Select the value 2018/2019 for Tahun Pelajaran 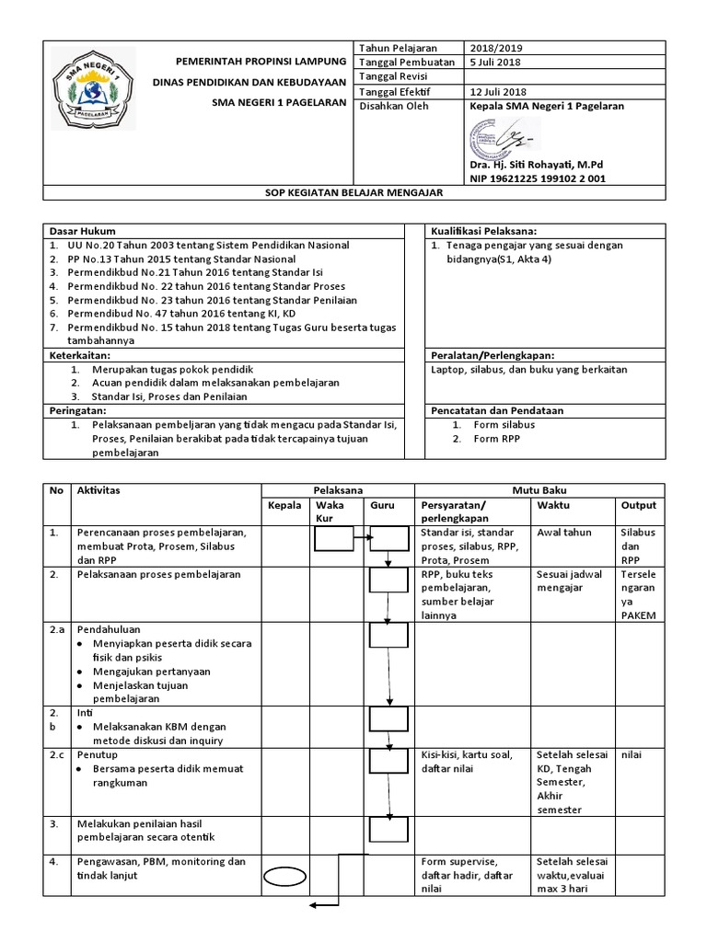(x=495, y=48)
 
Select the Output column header (x=638, y=505)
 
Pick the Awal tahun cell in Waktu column (x=563, y=533)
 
